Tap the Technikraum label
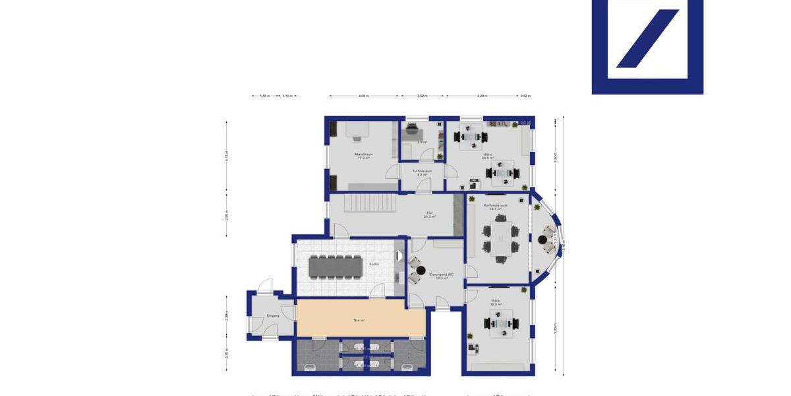pos(423,172)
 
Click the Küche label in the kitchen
pos(374,264)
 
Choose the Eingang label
pos(273,315)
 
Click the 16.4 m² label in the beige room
pos(359,320)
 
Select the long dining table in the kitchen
pos(336,266)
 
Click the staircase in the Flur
pos(370,202)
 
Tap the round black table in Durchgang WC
pos(421,270)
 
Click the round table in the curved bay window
pos(542,240)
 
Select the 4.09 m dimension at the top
pos(364,96)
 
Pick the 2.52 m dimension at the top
pos(423,96)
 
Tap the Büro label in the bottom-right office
pos(496,302)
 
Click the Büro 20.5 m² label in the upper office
pos(488,156)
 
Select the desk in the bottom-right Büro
pos(501,323)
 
